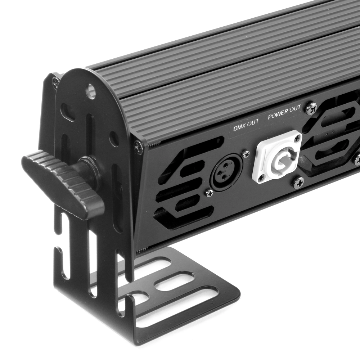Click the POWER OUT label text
pos(284,112)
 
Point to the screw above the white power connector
pos(297,138)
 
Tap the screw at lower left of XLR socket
pos(209,193)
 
